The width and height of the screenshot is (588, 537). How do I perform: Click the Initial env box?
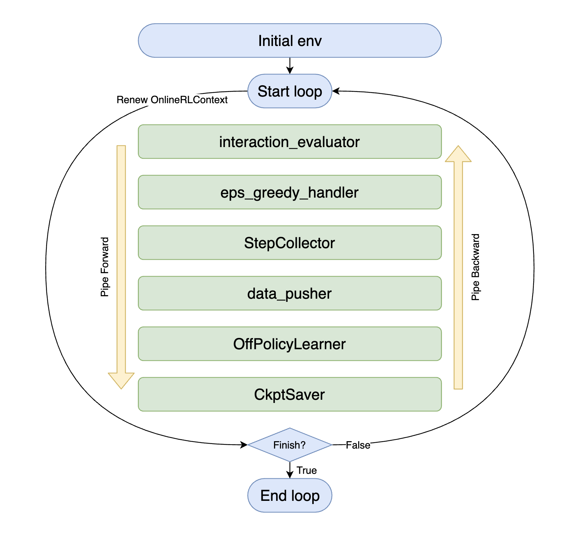pos(289,41)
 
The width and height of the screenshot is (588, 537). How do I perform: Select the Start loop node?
pos(289,91)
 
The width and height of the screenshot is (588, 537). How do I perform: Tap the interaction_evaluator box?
pos(289,142)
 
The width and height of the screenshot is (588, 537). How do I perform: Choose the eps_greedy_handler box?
pos(289,192)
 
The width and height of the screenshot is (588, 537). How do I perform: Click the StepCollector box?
pos(289,243)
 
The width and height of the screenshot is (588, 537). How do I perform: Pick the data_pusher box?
pos(289,293)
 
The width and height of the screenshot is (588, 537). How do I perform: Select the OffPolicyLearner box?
pos(289,344)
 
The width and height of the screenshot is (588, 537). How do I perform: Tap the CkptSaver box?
pos(289,395)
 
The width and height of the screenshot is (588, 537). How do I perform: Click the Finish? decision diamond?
pos(289,445)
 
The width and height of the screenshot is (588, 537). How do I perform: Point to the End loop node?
pos(289,495)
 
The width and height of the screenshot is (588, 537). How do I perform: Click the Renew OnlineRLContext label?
pos(172,100)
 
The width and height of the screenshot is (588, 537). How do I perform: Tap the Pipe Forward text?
pos(105,267)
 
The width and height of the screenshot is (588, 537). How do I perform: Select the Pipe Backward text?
pos(475,267)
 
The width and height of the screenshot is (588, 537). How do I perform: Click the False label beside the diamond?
pos(358,445)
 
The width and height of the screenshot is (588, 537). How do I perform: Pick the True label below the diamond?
pos(307,470)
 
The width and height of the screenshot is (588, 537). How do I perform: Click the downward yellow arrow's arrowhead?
pos(121,380)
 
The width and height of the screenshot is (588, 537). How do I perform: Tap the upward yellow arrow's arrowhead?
pos(458,154)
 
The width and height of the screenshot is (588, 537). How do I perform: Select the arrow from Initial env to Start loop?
pos(290,66)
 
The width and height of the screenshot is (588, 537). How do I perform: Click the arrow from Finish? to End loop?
pos(290,470)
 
